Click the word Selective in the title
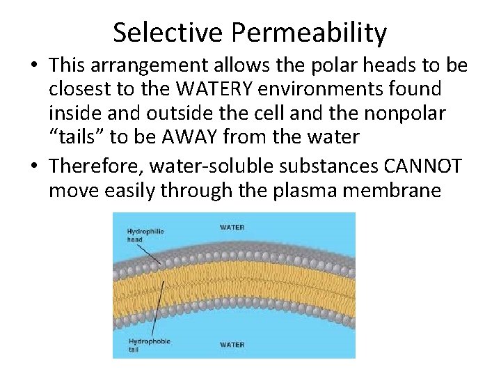[x=167, y=32]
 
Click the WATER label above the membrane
[x=232, y=227]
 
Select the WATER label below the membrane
[x=232, y=344]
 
